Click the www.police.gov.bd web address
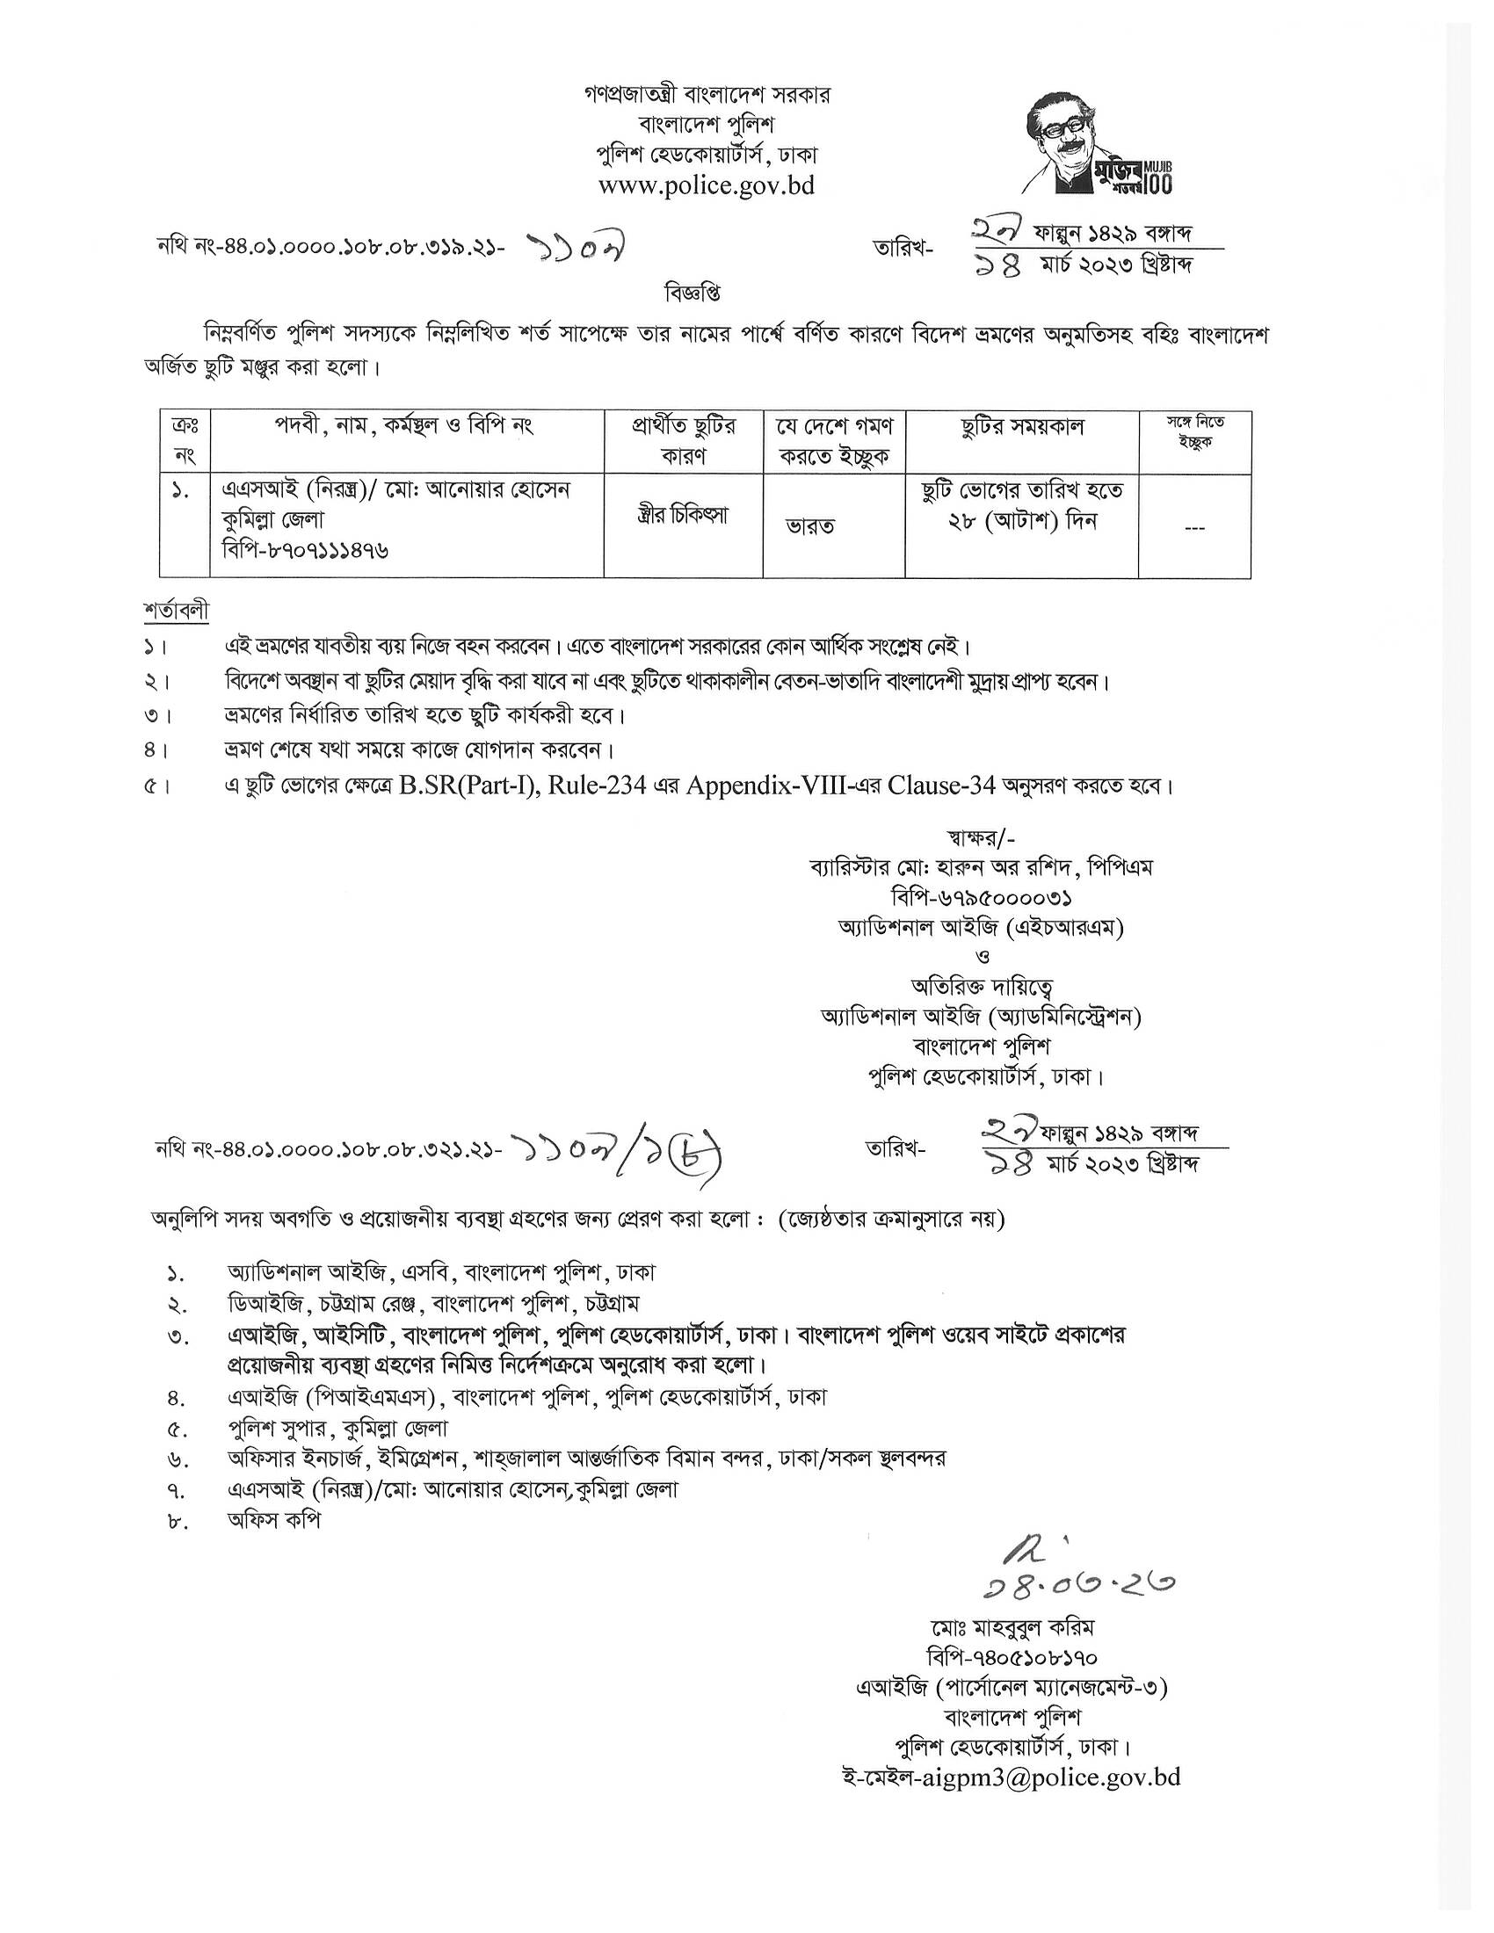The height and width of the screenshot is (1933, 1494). pos(707,186)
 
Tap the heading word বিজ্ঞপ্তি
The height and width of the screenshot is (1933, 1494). pos(694,291)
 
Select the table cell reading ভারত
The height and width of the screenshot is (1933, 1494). pos(811,526)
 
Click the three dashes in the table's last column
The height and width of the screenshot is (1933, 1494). pos(1194,528)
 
